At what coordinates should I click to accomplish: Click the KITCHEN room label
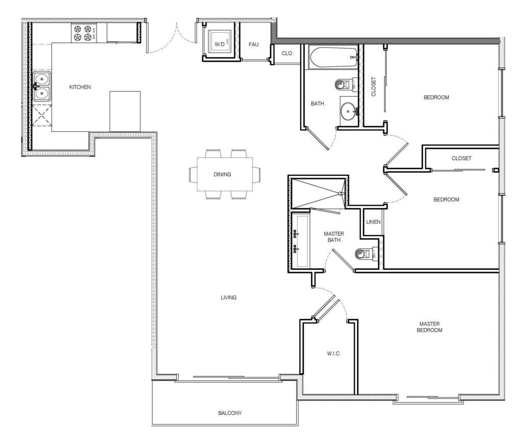click(80, 87)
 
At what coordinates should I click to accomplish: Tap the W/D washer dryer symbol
click(219, 44)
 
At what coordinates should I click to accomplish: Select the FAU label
click(254, 44)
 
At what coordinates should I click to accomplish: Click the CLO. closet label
click(287, 53)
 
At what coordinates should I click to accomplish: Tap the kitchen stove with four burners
click(83, 33)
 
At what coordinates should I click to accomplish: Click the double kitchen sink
click(42, 86)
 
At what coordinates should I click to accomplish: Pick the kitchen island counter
click(125, 111)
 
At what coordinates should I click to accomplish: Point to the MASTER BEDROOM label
click(430, 327)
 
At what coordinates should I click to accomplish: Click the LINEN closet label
click(372, 222)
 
